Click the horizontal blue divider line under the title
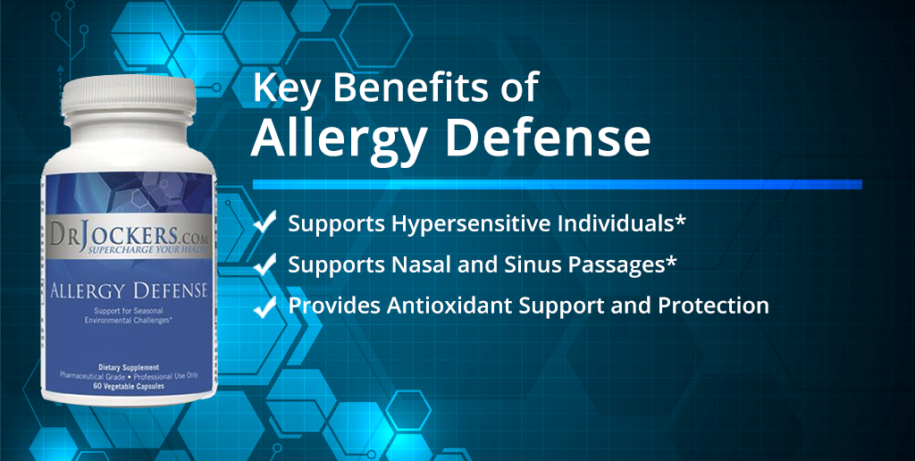click(x=558, y=184)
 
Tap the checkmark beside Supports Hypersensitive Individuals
click(x=264, y=222)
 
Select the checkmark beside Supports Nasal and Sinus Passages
click(x=264, y=264)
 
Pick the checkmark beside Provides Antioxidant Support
click(x=264, y=306)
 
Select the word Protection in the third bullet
click(x=713, y=306)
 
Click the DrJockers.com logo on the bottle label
click(x=130, y=236)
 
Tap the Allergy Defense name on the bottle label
click(x=129, y=289)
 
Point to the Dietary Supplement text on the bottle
click(x=129, y=367)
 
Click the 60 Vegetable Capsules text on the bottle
click(x=129, y=386)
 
